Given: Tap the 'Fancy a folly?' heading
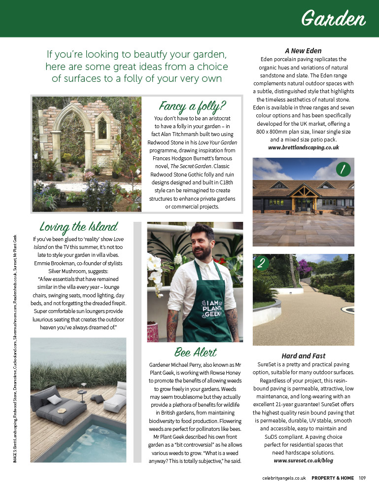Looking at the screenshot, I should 192,106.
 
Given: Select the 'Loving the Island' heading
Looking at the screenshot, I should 79,227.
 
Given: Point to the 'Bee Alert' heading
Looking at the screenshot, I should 195,352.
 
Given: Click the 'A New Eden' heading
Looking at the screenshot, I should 303,50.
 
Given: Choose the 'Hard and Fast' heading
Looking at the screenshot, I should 303,355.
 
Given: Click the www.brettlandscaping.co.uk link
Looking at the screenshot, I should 303,147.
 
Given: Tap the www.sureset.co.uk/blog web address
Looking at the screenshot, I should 303,460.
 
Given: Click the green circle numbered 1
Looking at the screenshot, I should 343,170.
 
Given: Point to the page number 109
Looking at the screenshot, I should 362,477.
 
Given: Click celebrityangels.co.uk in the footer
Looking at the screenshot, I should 284,477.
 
